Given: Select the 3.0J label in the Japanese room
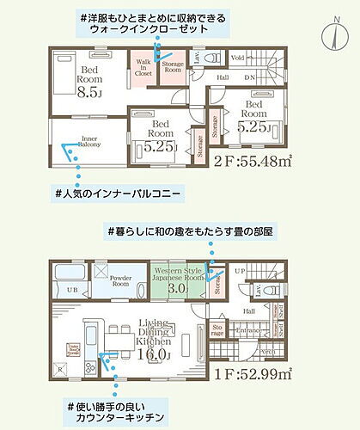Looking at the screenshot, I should [177, 288].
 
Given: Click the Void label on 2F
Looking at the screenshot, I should [238, 58].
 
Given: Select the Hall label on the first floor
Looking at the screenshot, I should [248, 311].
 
